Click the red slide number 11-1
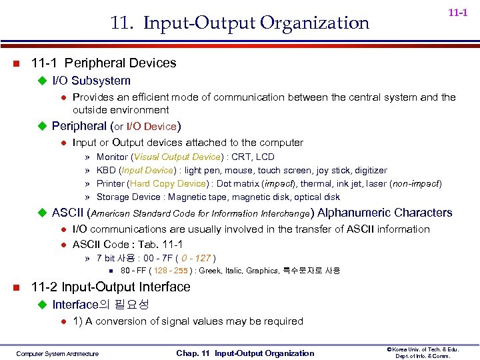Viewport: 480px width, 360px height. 457,13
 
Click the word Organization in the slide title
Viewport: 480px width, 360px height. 314,23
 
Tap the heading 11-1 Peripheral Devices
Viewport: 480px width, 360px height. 103,63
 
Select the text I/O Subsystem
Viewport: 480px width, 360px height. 91,81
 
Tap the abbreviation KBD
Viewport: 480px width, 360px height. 106,171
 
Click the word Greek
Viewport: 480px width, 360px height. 213,271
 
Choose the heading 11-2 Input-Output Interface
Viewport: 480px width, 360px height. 111,287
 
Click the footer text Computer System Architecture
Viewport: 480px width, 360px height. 57,353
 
